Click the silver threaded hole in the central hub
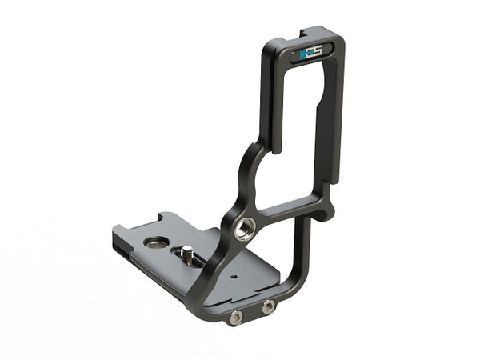(x=242, y=228)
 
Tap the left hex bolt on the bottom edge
(x=235, y=318)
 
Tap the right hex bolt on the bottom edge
(x=269, y=306)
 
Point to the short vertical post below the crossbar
(x=302, y=248)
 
